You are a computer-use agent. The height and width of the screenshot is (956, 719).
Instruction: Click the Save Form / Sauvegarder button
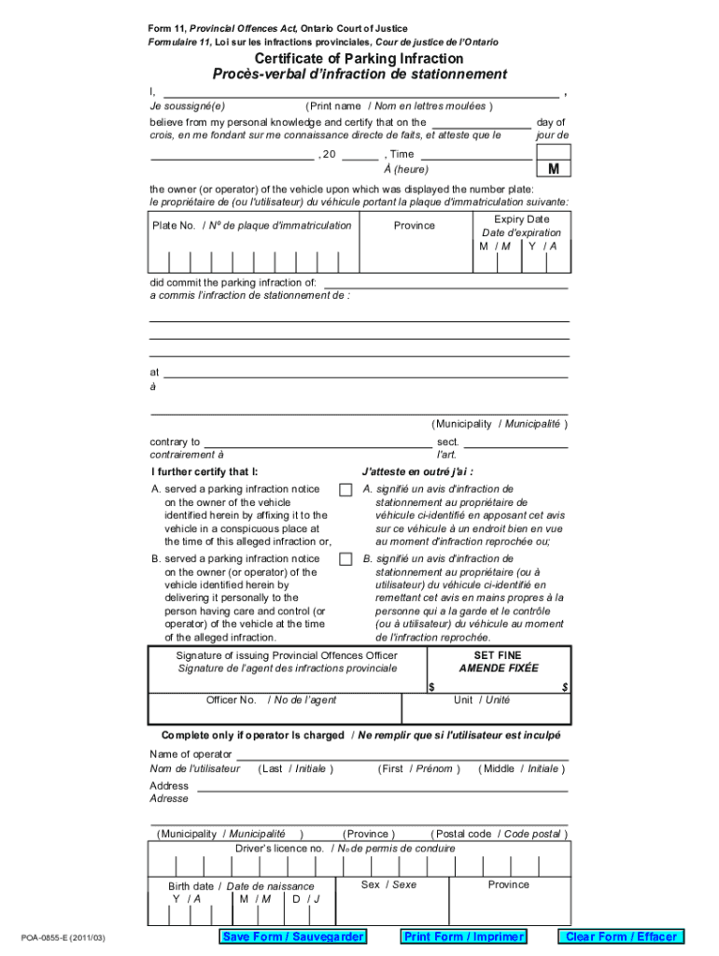(x=290, y=936)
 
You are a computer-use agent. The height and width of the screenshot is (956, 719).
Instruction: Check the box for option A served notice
(x=345, y=490)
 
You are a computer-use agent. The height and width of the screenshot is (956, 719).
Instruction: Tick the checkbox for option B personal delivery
(x=345, y=560)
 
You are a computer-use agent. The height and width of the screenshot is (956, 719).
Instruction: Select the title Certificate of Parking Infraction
(x=359, y=59)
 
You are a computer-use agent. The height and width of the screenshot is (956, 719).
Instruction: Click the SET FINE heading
(x=498, y=655)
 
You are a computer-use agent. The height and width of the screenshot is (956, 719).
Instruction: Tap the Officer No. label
(x=232, y=700)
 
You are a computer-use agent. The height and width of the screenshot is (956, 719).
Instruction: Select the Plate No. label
(x=174, y=226)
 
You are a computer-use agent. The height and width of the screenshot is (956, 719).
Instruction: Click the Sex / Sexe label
(x=388, y=884)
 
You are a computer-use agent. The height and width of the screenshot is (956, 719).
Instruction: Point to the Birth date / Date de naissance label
(x=241, y=886)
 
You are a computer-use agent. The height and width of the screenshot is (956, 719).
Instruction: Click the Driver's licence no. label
(x=280, y=849)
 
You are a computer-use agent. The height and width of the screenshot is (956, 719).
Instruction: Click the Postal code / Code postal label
(x=497, y=834)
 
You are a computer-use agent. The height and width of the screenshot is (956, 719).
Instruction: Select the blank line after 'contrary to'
(x=317, y=443)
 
